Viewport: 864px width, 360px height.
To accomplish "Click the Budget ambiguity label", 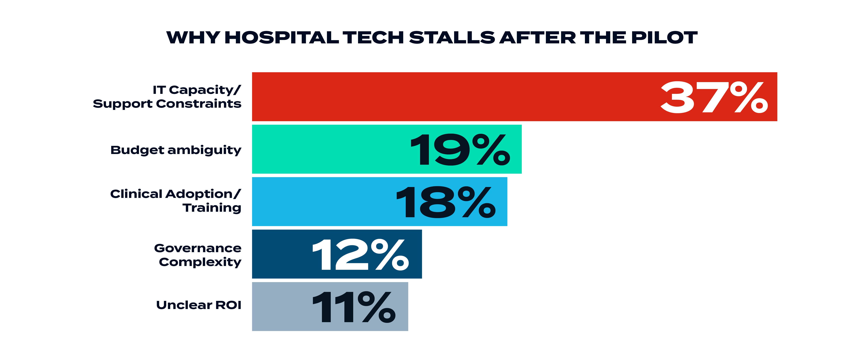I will (176, 150).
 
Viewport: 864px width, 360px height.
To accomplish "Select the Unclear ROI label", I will (199, 305).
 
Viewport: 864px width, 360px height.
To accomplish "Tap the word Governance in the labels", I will (198, 248).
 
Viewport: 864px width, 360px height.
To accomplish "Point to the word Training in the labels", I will (212, 208).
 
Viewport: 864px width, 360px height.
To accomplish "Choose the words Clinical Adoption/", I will (175, 194).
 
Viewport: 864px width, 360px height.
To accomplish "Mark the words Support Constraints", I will (167, 104).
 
